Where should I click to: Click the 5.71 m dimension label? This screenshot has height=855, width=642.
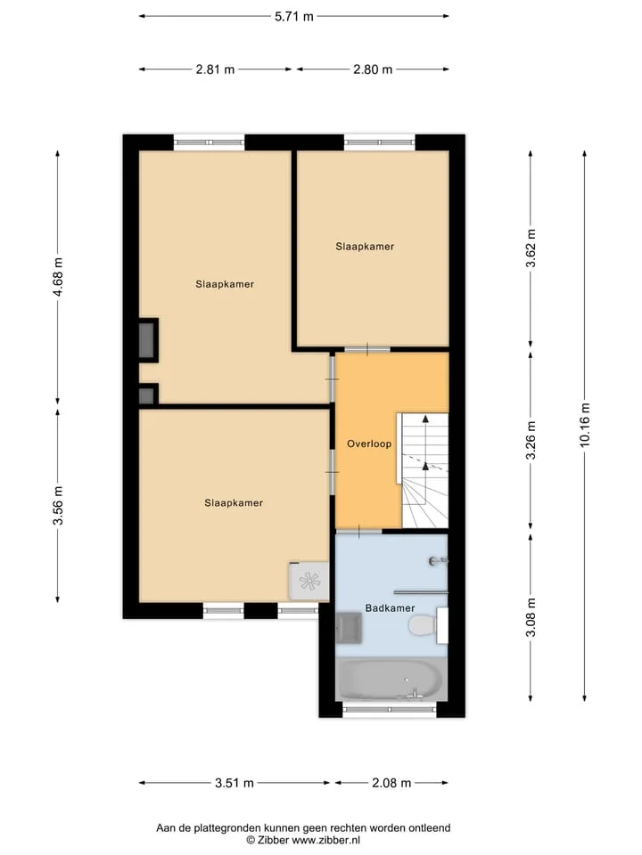pos(293,16)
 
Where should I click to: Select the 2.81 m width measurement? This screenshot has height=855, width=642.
pos(215,69)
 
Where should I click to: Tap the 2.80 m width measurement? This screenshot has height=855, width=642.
pos(373,69)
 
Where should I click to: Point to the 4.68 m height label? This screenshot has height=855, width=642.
pos(58,277)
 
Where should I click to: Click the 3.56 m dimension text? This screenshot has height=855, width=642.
pos(58,505)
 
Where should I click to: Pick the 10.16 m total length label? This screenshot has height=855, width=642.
pos(585,425)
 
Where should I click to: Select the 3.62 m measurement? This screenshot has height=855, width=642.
pos(531,248)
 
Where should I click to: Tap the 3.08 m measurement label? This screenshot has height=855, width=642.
pos(531,617)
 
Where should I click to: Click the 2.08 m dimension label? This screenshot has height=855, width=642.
pos(391,783)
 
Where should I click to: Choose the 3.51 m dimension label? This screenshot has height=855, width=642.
pos(235,783)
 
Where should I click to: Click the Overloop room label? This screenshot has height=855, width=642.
pos(369,444)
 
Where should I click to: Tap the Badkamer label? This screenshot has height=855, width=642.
pos(390,608)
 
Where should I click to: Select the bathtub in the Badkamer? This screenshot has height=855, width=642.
pos(391,680)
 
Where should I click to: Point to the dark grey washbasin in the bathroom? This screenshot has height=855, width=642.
pos(349,628)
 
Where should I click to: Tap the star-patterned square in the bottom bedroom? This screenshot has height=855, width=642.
pos(309,582)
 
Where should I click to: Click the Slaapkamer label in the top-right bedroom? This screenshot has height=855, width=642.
pos(365,247)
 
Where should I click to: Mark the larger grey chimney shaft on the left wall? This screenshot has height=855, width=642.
pos(147,340)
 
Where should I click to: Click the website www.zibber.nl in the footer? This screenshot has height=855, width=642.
pos(326,840)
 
